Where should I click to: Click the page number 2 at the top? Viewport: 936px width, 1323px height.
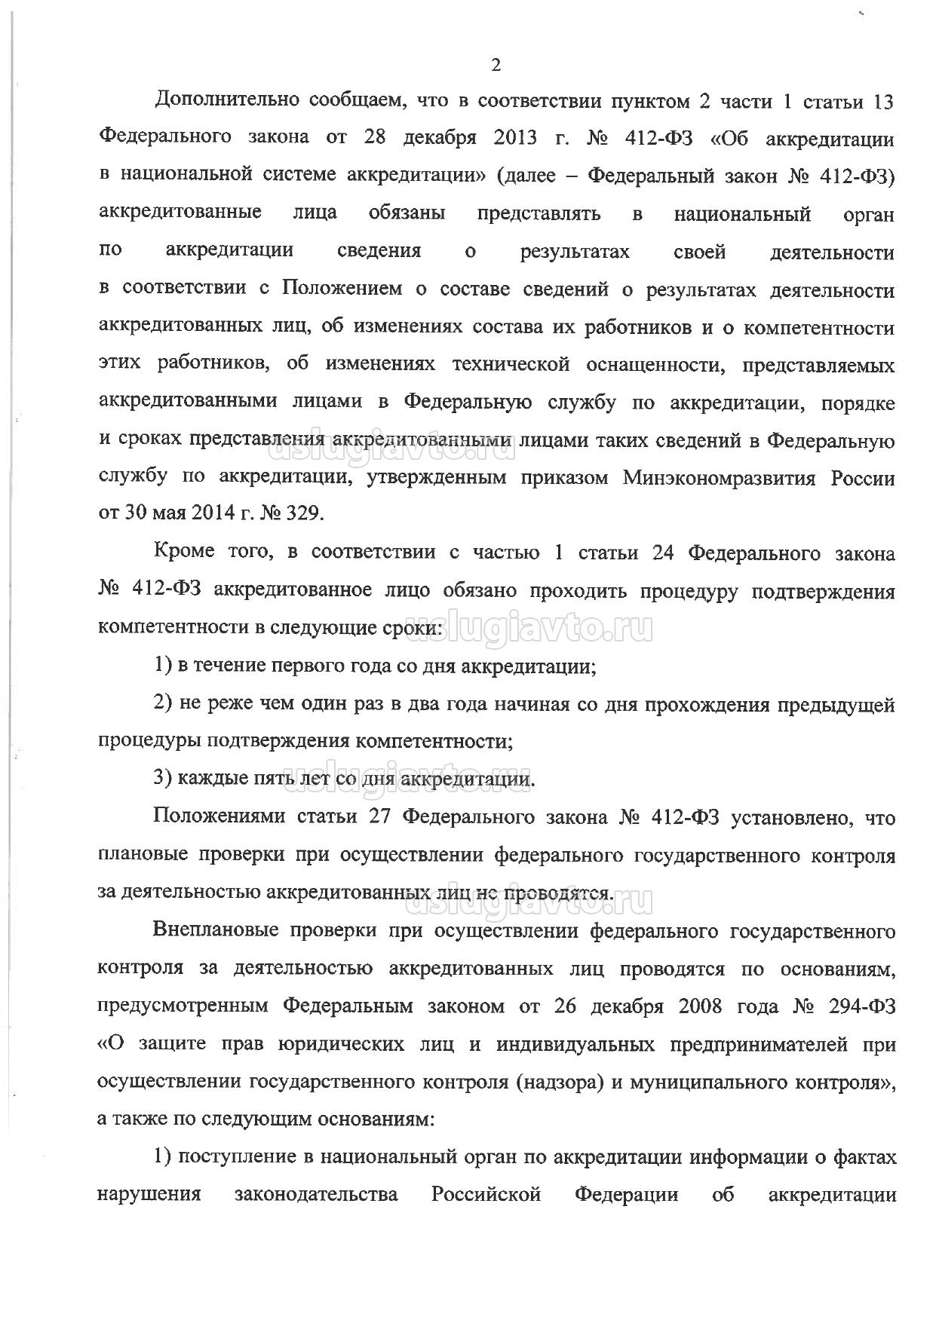(496, 66)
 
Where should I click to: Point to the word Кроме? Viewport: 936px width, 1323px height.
(182, 553)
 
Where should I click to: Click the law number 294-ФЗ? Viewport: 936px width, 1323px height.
(860, 1006)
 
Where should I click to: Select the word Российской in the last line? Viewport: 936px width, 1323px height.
(486, 1195)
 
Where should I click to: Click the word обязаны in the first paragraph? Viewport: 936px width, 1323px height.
(407, 214)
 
